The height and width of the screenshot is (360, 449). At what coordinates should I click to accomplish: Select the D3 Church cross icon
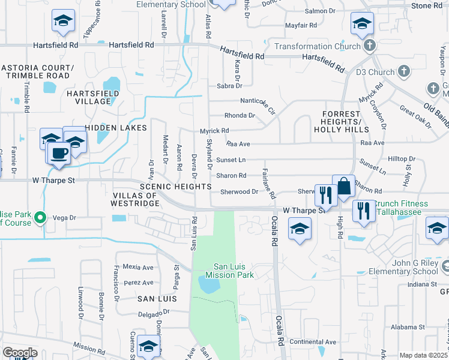click(404, 72)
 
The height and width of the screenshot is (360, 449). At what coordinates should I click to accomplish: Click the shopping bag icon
click(343, 186)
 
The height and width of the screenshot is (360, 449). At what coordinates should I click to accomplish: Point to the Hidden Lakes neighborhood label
click(116, 128)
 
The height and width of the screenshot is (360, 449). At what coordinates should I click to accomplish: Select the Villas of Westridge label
click(136, 199)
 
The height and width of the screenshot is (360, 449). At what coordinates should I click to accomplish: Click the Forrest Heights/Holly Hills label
click(344, 121)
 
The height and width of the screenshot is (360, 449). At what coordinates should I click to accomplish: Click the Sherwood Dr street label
click(239, 191)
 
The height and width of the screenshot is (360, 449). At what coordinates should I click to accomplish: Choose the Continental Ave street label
click(313, 341)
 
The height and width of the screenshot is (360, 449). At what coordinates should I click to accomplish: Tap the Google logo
click(20, 353)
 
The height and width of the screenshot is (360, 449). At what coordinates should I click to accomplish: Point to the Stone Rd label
click(427, 5)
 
